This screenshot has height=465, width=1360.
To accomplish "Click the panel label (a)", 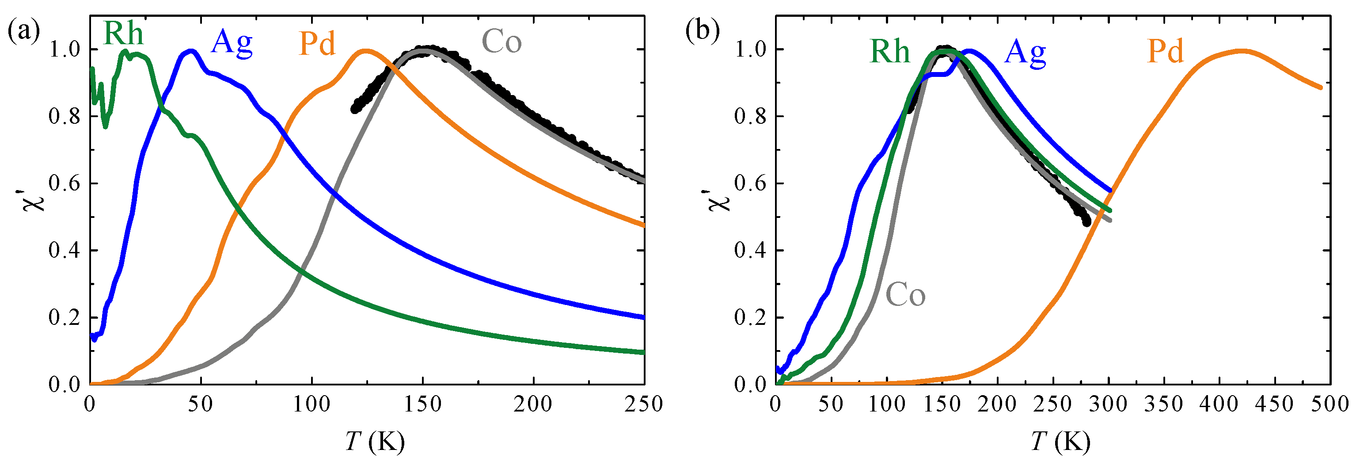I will [24, 32].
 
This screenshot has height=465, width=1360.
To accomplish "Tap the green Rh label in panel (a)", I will [123, 33].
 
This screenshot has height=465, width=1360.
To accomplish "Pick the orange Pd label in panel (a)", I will [317, 43].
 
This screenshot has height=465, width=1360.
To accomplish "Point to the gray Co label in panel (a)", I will [501, 42].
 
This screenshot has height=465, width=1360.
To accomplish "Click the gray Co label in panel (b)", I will [905, 295].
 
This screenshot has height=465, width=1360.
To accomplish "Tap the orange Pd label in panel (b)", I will [1166, 52].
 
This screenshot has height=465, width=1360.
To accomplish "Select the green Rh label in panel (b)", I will [889, 52].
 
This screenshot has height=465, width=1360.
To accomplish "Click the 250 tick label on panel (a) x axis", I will [644, 405].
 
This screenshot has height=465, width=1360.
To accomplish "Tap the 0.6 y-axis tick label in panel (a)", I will [65, 183].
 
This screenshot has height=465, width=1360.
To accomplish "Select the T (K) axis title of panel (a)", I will [375, 441].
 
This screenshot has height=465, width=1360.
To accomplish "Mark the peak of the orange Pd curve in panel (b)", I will [1241, 51].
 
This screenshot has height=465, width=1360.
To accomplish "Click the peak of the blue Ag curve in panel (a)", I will [190, 51].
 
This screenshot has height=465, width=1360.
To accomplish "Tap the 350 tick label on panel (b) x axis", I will [1164, 405].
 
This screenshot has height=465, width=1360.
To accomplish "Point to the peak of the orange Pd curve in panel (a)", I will [366, 51].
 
